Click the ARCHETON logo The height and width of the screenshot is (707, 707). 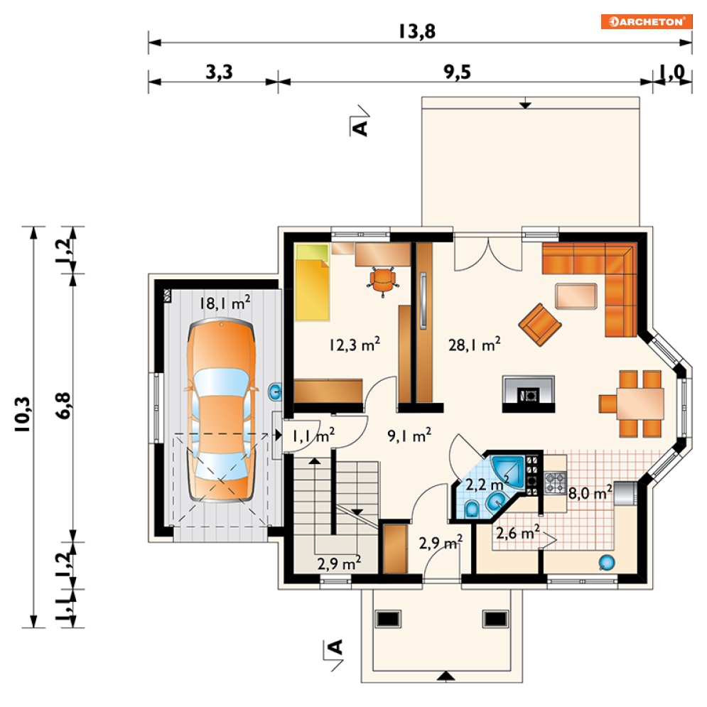(646, 21)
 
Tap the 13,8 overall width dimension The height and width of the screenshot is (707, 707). (417, 31)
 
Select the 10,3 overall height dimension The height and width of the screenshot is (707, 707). (23, 415)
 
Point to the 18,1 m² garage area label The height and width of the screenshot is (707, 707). (225, 303)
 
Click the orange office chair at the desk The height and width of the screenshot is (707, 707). (383, 281)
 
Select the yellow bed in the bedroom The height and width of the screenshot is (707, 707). (312, 282)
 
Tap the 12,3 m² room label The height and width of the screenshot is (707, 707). (355, 345)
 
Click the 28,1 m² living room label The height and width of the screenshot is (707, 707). (475, 345)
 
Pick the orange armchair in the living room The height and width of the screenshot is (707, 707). (540, 325)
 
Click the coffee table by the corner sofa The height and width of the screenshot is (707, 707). (576, 296)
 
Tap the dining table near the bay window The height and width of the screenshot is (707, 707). (639, 404)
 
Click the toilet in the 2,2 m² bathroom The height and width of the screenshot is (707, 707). (472, 509)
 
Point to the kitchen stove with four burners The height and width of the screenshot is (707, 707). (555, 482)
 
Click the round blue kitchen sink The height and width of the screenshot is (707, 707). (606, 562)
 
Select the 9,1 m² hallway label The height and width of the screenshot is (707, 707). (409, 436)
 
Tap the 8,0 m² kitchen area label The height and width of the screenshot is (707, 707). (590, 492)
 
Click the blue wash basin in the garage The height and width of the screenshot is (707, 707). (274, 392)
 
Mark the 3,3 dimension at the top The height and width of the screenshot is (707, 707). (219, 72)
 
